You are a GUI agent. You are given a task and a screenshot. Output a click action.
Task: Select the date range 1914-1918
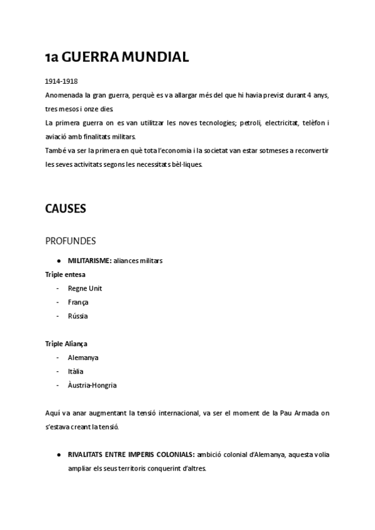point(61,82)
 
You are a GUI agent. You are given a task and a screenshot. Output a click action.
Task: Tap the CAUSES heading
point(66,209)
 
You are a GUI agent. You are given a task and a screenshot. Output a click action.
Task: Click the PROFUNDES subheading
point(70,241)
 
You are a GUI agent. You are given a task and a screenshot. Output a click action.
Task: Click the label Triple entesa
point(65,274)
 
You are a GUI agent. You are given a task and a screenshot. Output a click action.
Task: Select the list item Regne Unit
point(85,288)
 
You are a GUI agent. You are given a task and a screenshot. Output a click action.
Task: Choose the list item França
point(78,302)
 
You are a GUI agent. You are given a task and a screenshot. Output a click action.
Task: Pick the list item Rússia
point(78,316)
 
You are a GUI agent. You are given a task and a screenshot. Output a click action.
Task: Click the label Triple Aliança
point(66,344)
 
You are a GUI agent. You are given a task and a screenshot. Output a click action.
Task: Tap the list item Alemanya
point(83,357)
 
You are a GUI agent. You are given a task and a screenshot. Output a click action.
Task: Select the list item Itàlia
point(76,371)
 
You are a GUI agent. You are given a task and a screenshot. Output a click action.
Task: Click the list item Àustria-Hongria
point(92,385)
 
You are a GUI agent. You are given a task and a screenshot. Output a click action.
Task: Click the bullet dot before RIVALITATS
point(58,454)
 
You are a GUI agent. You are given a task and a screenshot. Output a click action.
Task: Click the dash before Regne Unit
point(57,288)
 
